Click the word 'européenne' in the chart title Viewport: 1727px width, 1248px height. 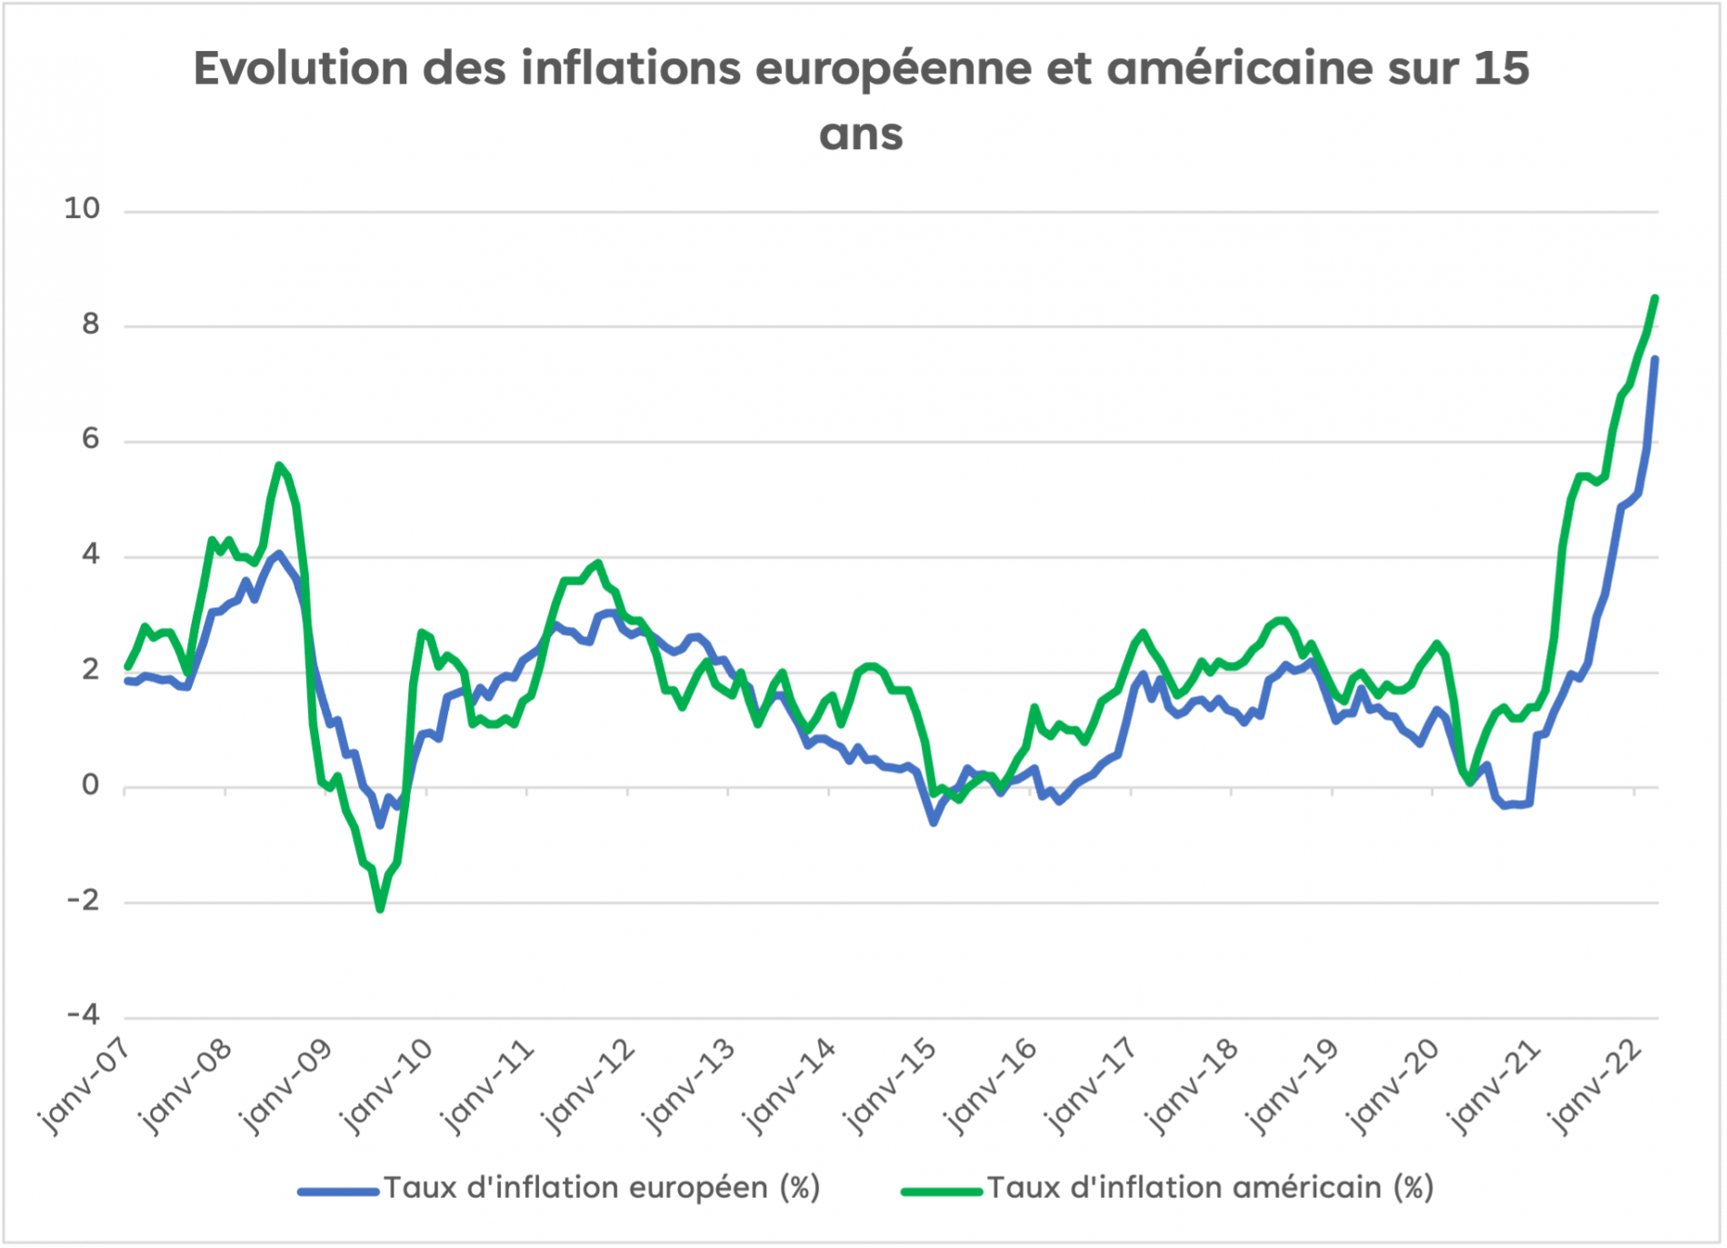tap(893, 69)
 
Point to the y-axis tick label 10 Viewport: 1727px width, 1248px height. tap(82, 209)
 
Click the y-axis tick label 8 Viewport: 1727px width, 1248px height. tap(90, 324)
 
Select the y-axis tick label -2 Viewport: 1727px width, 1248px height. tap(84, 901)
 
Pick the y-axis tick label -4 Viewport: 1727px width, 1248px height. tap(84, 1015)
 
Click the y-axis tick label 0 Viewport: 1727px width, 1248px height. tap(90, 785)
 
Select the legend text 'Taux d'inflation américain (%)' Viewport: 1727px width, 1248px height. tap(1210, 1188)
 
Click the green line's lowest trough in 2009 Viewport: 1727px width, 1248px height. tap(380, 909)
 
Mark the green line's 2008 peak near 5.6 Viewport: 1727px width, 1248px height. tap(279, 465)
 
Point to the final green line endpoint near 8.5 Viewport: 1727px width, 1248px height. tap(1655, 298)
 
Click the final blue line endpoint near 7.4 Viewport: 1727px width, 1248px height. tap(1655, 359)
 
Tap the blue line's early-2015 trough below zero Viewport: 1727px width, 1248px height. tap(933, 823)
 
